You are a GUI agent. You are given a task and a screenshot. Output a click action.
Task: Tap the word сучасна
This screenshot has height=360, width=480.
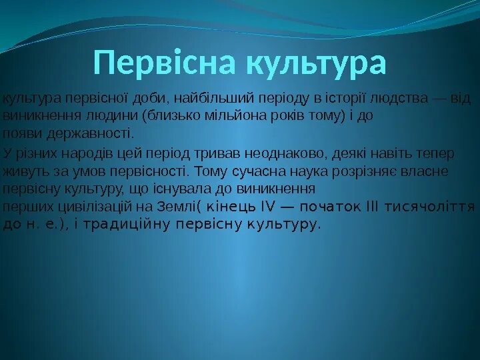257,171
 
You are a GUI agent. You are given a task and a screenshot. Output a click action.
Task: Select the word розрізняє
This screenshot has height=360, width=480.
358,171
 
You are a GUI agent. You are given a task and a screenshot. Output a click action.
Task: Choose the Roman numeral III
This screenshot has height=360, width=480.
371,205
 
